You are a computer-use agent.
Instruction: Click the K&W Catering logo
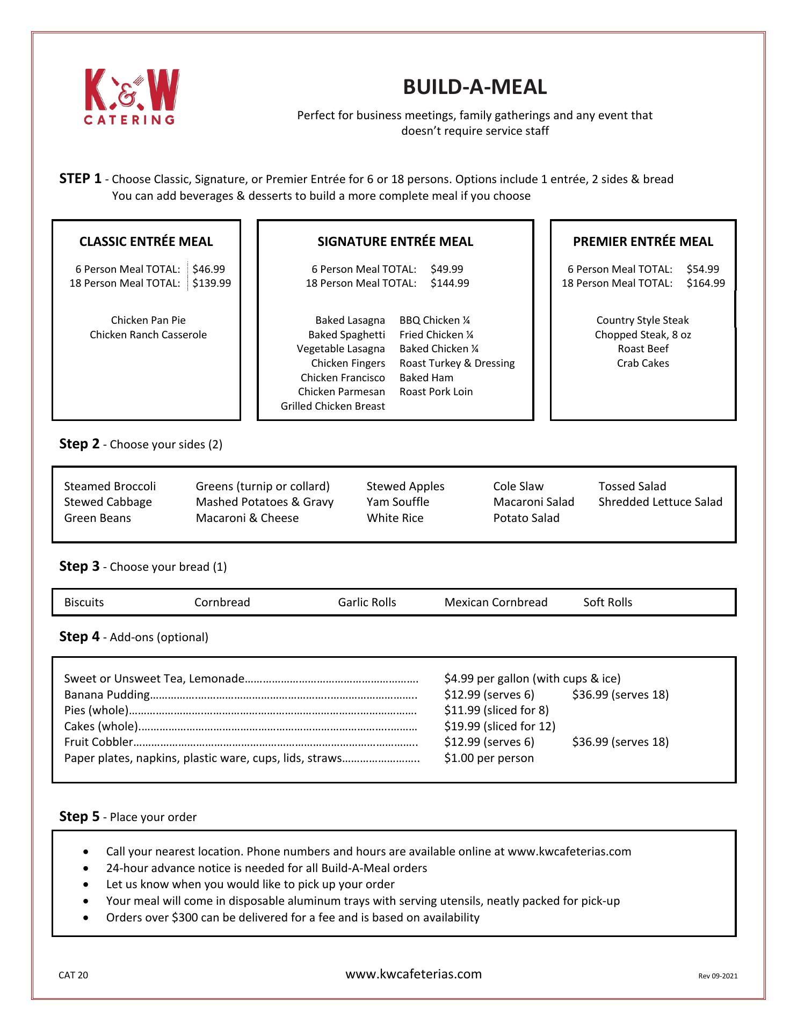(131, 97)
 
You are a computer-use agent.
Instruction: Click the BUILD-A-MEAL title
(475, 87)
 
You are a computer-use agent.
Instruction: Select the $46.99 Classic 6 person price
(208, 269)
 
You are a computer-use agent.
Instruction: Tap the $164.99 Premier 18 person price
(705, 283)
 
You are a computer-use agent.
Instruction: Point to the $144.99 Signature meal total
(450, 283)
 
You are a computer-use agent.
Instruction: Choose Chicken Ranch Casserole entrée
(148, 335)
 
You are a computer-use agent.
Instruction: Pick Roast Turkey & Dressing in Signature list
(457, 363)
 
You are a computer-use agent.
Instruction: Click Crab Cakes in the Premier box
(643, 363)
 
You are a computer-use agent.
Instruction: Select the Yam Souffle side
(397, 502)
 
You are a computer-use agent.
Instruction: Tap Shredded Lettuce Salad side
(660, 502)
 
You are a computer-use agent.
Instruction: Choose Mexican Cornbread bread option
(496, 602)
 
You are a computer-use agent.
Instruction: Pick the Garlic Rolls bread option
(367, 602)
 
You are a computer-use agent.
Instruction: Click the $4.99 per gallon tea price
(532, 678)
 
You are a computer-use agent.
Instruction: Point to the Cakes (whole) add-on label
(101, 726)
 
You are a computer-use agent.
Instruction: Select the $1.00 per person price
(489, 758)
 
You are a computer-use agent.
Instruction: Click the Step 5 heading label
(79, 816)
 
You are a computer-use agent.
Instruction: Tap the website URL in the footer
(414, 974)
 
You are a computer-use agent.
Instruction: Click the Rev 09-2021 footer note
(718, 976)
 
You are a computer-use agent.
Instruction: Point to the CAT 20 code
(73, 975)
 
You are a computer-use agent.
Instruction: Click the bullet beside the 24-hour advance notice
(87, 868)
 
